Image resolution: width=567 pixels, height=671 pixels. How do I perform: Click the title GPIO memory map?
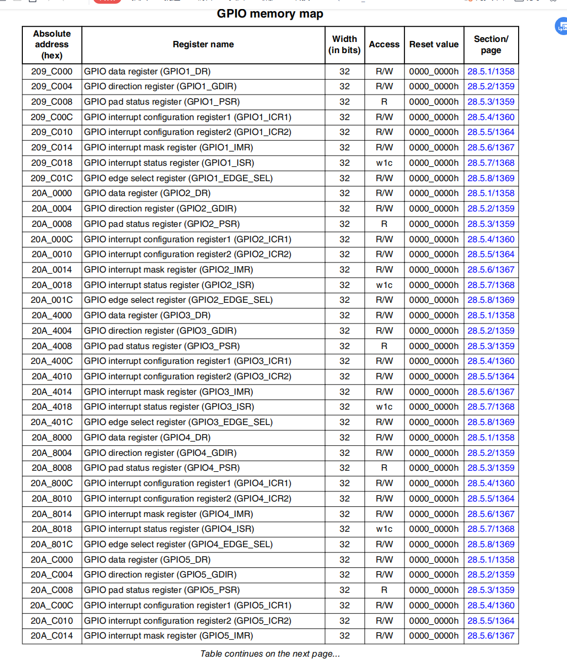270,14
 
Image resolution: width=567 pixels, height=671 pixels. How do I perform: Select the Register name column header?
203,45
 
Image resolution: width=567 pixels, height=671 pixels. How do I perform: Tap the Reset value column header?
434,45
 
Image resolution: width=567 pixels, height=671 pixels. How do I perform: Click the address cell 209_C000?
52,71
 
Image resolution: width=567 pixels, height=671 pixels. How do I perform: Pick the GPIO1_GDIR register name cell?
160,87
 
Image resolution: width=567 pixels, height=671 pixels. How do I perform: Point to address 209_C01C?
52,178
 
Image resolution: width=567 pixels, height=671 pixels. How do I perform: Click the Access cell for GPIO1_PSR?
384,102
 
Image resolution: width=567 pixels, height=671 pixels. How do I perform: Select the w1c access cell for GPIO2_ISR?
384,285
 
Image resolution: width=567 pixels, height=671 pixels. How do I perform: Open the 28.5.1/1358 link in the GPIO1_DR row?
490,71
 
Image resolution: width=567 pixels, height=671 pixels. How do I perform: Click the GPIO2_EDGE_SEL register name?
179,300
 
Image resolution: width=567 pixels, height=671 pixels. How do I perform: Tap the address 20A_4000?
52,316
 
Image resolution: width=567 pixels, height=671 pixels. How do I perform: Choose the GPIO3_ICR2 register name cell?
188,377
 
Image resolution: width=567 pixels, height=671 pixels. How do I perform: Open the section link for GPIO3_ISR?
490,407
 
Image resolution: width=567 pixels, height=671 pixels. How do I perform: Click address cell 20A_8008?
52,468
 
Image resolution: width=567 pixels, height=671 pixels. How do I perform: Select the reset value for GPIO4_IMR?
434,514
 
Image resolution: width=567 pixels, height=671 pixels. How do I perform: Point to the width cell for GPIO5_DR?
344,560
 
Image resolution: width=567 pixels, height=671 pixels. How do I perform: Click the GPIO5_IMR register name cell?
168,636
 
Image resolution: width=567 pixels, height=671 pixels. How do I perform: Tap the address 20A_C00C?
52,606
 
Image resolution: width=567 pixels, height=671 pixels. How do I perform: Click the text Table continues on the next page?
270,654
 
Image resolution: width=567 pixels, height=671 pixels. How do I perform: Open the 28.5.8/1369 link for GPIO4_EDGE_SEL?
490,545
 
